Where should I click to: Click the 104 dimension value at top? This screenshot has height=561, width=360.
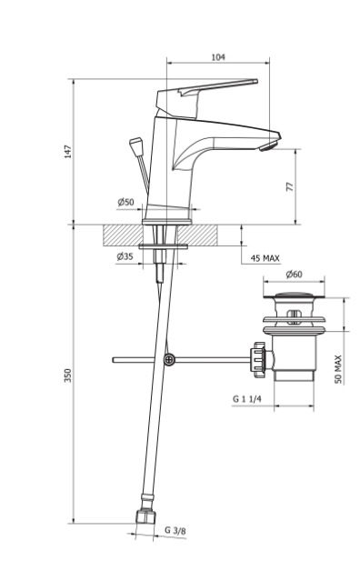[x=218, y=57]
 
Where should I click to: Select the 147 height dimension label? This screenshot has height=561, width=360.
[x=67, y=152]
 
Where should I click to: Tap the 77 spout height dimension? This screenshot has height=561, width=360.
[x=289, y=186]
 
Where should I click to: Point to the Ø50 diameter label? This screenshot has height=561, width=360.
[x=125, y=202]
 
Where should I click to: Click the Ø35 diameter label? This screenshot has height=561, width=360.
[x=125, y=256]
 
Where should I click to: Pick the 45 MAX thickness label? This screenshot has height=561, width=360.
[x=265, y=258]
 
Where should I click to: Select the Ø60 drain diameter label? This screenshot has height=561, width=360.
[x=294, y=275]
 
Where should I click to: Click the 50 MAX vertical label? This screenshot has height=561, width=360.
[x=338, y=369]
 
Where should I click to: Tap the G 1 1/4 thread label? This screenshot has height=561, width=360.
[x=247, y=398]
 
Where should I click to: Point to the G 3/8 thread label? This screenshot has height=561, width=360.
[x=175, y=530]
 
